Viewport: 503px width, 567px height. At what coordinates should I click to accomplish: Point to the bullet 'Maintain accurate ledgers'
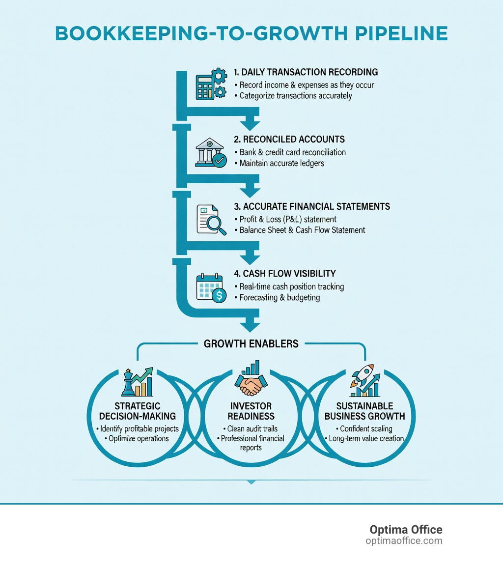point(281,163)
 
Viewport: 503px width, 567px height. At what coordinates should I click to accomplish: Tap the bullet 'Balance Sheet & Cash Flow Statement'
point(302,230)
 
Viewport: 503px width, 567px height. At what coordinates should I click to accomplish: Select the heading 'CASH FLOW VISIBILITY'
point(289,274)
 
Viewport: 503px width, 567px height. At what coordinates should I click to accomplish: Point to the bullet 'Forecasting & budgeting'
point(279,297)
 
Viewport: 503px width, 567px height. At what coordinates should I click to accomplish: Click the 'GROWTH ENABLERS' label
point(251,344)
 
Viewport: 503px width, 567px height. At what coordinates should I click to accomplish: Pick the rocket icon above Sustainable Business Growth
point(364,381)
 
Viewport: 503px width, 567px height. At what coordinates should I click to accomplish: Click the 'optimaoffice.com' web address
point(404,541)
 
